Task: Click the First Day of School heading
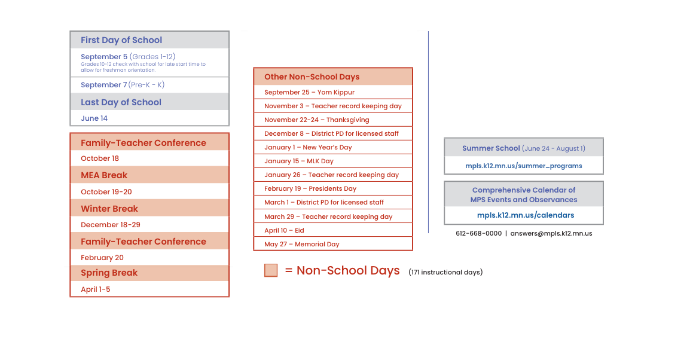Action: click(x=121, y=40)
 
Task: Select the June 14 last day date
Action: click(x=94, y=118)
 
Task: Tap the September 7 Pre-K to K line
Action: click(x=123, y=85)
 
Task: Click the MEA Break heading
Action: click(x=104, y=175)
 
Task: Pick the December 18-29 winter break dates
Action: click(x=111, y=225)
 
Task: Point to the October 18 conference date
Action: click(x=100, y=158)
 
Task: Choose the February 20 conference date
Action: click(x=102, y=258)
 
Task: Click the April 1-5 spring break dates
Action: click(x=96, y=289)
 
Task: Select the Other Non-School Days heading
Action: click(x=312, y=77)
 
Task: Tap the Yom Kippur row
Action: click(x=309, y=92)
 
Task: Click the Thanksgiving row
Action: click(x=317, y=120)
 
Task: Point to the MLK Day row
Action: click(x=299, y=161)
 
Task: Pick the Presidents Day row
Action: click(x=310, y=188)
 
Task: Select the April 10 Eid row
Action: click(x=284, y=230)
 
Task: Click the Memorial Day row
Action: click(x=302, y=244)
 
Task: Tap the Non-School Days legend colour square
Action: click(x=271, y=270)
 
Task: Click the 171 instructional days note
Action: click(x=445, y=272)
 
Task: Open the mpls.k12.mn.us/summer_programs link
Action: click(x=524, y=166)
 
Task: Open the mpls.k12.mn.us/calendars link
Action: click(x=526, y=215)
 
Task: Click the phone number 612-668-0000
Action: click(x=478, y=233)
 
